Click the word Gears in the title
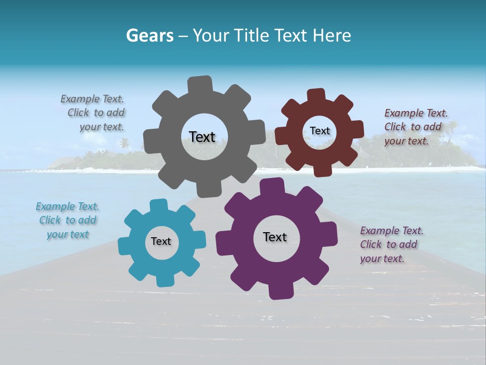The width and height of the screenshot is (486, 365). click(x=148, y=35)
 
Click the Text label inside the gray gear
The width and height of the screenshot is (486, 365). click(x=202, y=137)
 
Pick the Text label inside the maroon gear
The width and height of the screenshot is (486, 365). click(x=319, y=131)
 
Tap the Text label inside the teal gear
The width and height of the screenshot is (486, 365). click(x=161, y=241)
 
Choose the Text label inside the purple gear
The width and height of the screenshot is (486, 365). click(x=275, y=237)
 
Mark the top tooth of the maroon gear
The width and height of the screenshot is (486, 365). click(x=316, y=95)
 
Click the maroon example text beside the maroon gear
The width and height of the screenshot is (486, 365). click(x=415, y=127)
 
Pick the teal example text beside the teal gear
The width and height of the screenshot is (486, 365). click(x=67, y=220)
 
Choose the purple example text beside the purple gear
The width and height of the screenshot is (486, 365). click(x=391, y=244)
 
